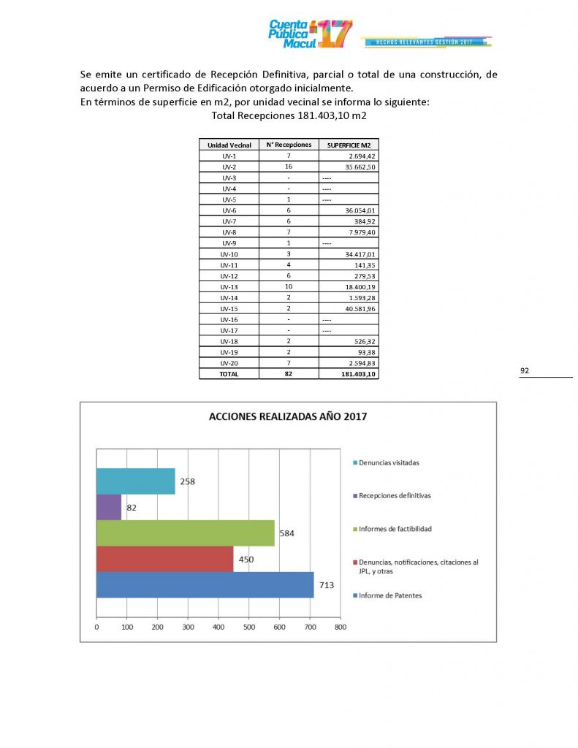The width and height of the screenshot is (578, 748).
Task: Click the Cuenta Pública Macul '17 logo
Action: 311,34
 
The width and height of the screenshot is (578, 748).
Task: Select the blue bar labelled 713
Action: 205,584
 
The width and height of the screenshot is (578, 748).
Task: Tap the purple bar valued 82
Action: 109,507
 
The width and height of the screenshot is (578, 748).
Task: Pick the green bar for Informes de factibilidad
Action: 186,533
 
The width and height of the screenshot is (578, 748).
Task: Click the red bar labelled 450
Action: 165,559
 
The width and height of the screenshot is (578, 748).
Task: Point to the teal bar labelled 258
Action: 136,481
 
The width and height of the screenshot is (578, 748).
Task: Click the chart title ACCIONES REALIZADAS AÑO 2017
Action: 288,417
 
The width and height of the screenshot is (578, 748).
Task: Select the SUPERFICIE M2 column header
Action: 349,145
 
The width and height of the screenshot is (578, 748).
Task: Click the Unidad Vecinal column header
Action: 228,145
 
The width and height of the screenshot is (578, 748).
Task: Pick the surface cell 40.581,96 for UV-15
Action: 349,308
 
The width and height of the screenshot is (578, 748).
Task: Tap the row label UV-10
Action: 228,253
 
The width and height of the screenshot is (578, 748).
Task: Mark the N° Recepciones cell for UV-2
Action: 289,167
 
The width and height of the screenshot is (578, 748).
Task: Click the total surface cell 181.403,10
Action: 349,373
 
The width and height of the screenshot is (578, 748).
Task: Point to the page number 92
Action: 525,371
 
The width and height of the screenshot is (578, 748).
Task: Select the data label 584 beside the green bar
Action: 287,533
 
